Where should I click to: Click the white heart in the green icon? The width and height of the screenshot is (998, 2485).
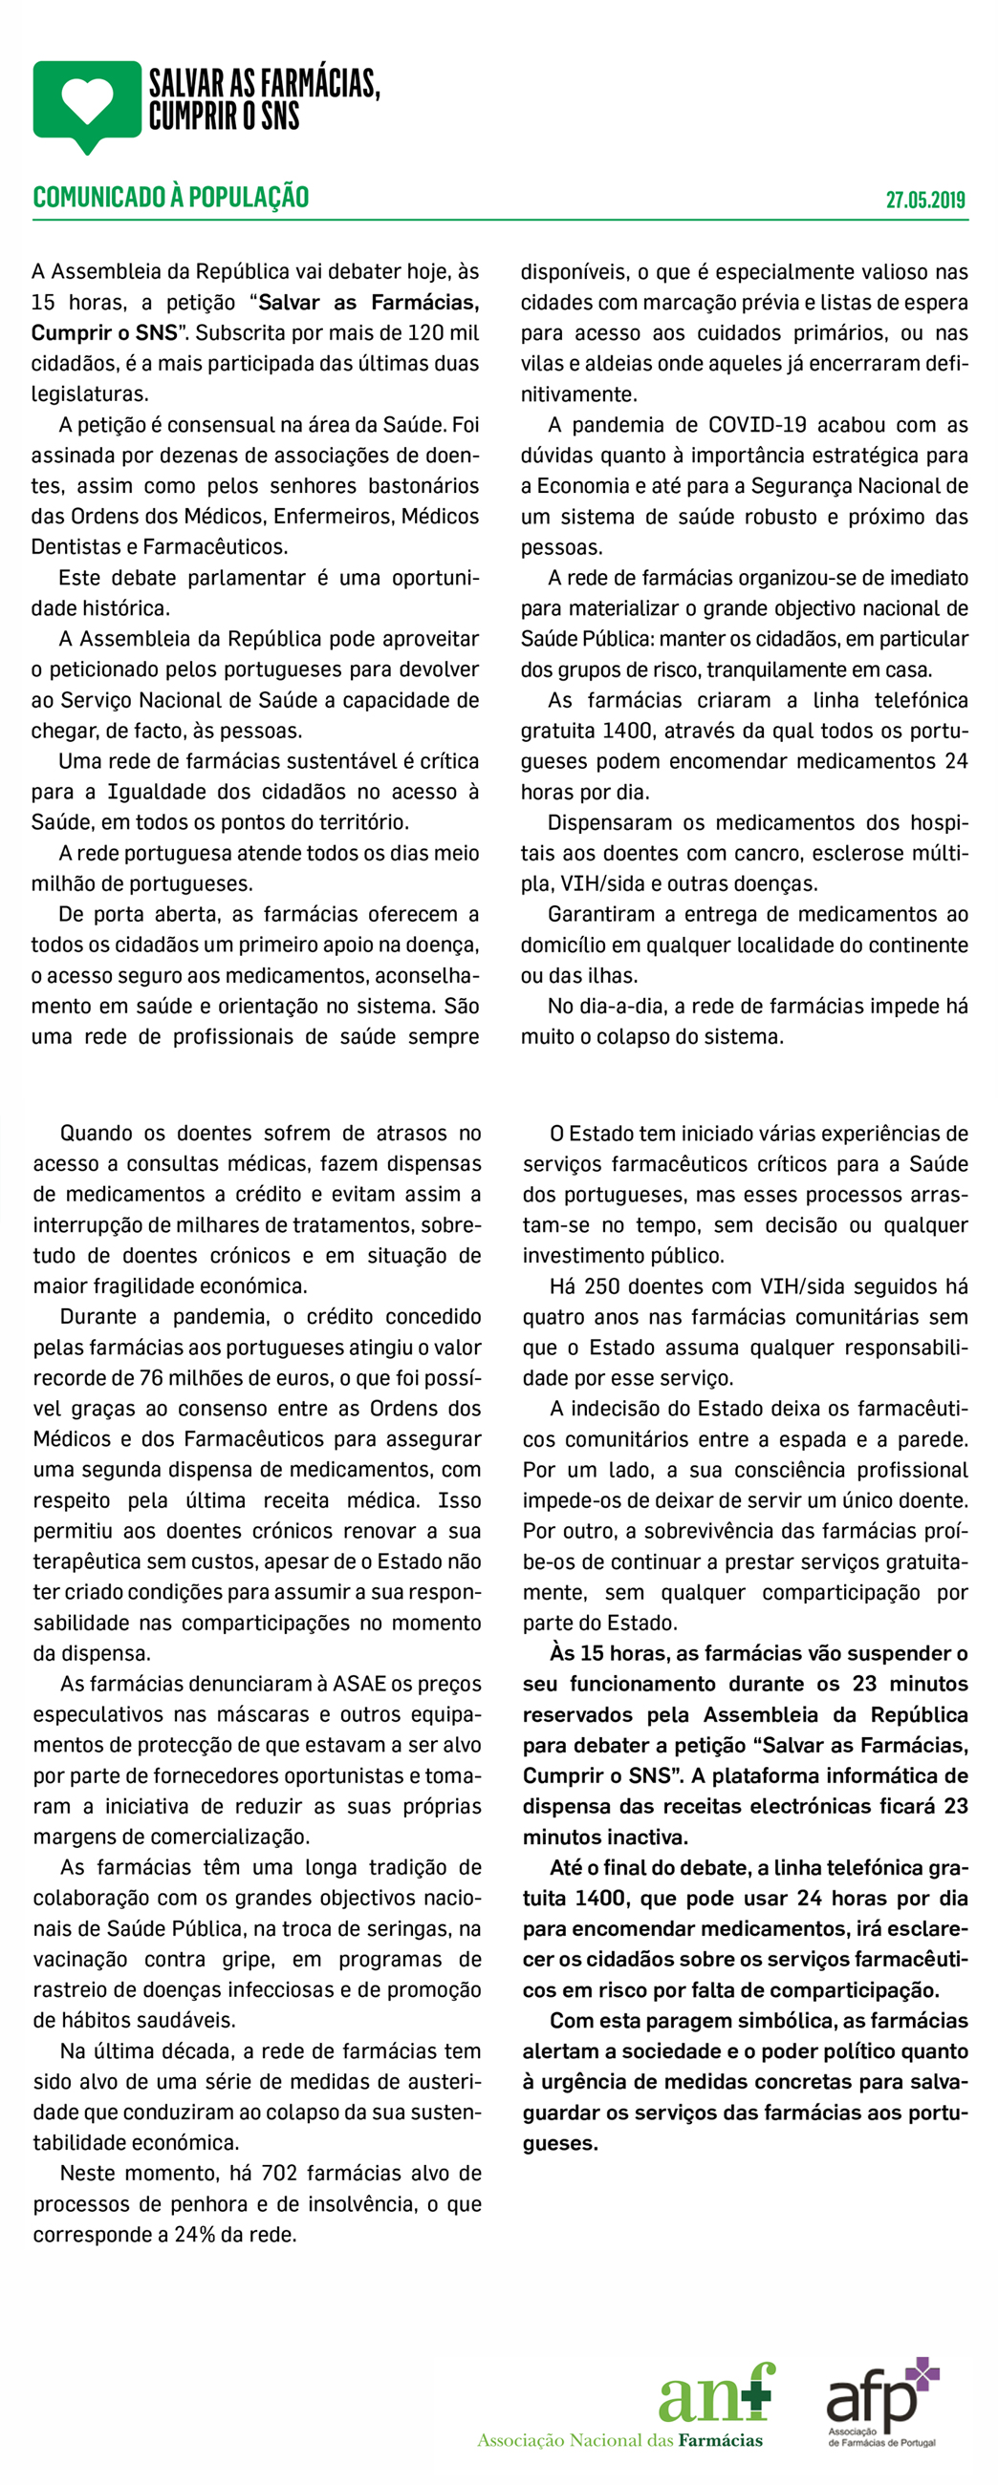(87, 100)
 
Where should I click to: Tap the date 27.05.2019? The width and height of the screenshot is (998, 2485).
(924, 200)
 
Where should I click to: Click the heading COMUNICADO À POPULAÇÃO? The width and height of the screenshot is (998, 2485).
(171, 197)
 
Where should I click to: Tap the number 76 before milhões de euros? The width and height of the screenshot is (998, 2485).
(151, 1376)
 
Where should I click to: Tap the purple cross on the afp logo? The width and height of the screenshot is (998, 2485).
(922, 2374)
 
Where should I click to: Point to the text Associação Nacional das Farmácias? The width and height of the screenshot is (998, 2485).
(619, 2440)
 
